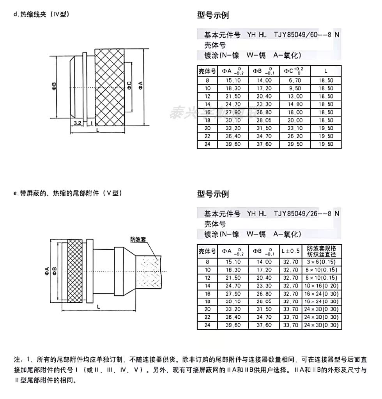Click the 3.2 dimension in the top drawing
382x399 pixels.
(x=77, y=123)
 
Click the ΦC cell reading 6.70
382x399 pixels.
(x=295, y=80)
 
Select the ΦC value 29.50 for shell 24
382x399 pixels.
(x=295, y=144)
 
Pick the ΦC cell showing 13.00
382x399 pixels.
(x=295, y=96)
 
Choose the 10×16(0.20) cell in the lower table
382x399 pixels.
(x=322, y=286)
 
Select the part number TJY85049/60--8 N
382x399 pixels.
(x=306, y=35)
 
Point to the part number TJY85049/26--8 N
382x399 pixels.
(x=306, y=214)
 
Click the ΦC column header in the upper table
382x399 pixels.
(x=295, y=71)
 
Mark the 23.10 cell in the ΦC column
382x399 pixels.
(x=295, y=128)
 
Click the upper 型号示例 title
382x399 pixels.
(x=213, y=16)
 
